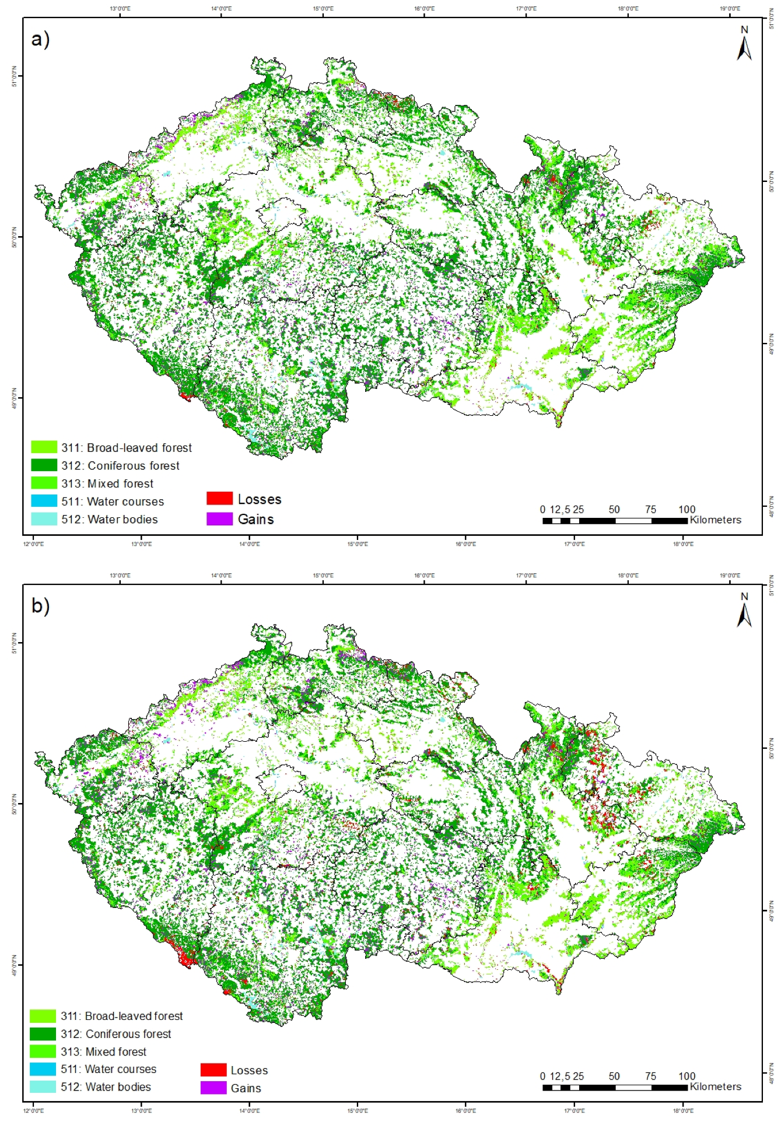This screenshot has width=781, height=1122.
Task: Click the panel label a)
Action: tap(40, 40)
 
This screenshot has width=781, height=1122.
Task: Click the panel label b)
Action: tap(40, 606)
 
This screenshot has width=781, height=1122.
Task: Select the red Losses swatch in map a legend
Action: tap(219, 499)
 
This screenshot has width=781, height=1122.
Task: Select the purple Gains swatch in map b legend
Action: tap(213, 1088)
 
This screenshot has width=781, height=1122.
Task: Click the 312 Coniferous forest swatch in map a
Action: tap(44, 465)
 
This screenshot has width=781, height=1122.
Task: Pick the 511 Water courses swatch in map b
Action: tap(43, 1070)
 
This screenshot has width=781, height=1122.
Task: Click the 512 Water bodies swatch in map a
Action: tap(44, 519)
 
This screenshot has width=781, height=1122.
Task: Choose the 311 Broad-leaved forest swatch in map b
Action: tap(43, 1016)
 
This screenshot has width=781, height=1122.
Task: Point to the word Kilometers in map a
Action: tap(715, 520)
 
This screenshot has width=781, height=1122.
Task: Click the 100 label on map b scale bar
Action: tap(687, 1076)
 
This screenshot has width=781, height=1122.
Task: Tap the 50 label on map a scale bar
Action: tap(614, 509)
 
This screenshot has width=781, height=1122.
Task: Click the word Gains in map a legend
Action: tap(255, 519)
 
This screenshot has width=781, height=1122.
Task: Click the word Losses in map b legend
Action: tap(249, 1070)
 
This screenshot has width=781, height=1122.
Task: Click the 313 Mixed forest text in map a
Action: tap(107, 483)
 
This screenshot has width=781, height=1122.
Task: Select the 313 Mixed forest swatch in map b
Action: tap(43, 1051)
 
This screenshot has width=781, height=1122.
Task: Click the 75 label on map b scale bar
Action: tap(650, 1076)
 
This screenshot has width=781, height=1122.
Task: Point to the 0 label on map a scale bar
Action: tap(542, 509)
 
